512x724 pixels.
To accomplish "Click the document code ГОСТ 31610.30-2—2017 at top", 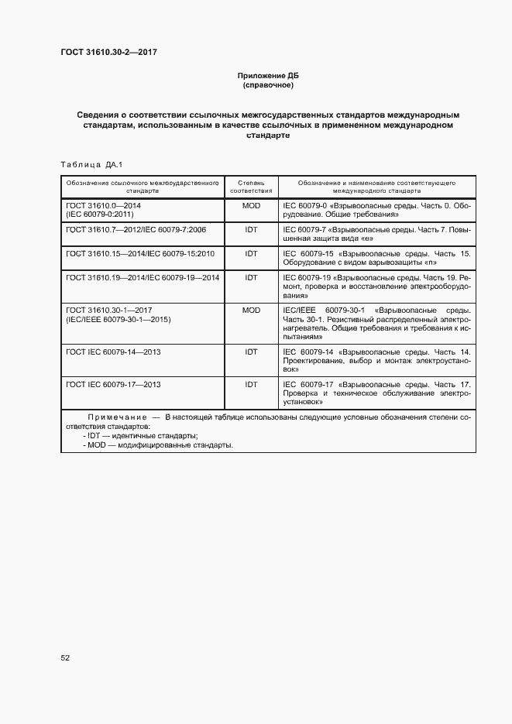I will point(109,53).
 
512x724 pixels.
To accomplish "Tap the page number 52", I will point(66,657).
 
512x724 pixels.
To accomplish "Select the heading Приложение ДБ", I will point(266,75).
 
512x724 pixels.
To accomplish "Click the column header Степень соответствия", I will point(251,187).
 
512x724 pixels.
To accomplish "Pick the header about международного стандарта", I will point(376,187).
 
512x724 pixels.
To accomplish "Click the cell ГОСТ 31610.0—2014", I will point(104,210).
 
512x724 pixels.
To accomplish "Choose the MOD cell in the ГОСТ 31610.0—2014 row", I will point(251,206).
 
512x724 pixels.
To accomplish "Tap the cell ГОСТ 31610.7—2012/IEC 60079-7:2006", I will point(136,230).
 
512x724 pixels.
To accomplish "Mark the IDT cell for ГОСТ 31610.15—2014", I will point(251,253).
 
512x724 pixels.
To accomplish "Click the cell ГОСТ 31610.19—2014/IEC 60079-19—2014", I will point(143,276).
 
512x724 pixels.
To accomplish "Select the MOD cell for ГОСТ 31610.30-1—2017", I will point(251,310).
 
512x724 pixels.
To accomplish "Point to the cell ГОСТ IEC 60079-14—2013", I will point(114,352).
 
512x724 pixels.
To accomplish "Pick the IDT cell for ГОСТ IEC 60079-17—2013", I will point(251,384).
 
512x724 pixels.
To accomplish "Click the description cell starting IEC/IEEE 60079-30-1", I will point(376,323).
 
